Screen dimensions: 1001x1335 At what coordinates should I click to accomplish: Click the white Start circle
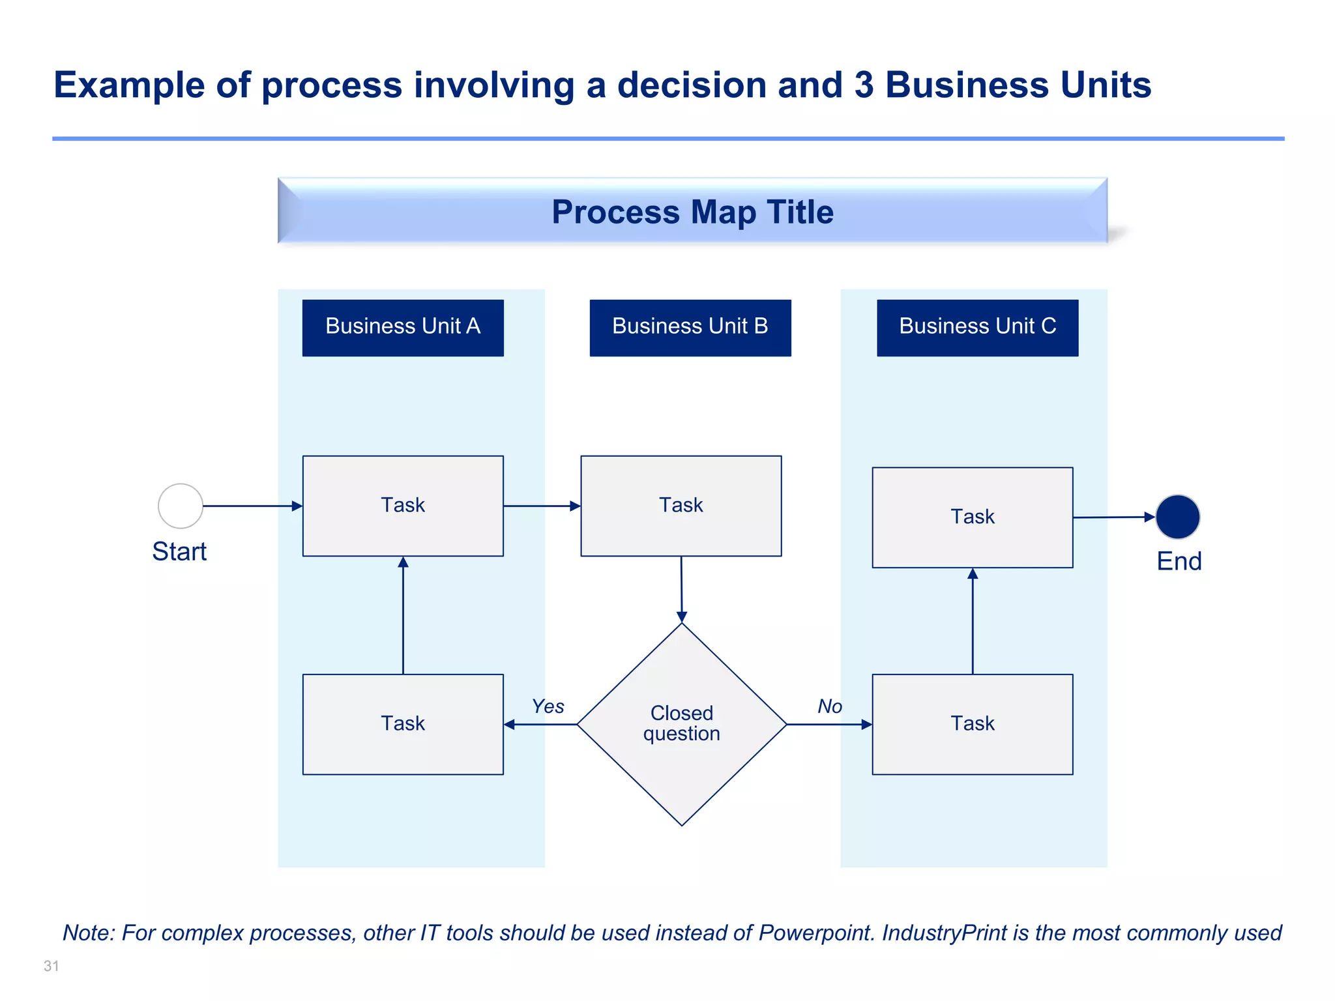click(x=181, y=506)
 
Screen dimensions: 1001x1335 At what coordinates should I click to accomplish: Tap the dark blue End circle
click(x=1177, y=517)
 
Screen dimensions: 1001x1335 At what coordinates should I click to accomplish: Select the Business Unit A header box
click(x=403, y=327)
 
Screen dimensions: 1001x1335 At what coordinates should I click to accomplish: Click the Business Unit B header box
click(x=690, y=327)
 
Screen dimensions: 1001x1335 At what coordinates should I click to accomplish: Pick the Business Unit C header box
click(x=977, y=327)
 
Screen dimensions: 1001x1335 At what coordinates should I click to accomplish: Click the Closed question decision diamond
click(x=682, y=723)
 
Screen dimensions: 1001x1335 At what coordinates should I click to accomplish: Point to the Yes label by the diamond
click(x=548, y=706)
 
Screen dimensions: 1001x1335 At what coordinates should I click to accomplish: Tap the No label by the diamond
click(x=830, y=706)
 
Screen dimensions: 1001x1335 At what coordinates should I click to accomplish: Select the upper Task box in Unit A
click(x=403, y=506)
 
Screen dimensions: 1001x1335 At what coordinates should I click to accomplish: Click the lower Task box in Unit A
click(x=403, y=724)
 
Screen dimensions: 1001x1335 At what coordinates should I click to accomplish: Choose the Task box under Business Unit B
click(x=681, y=506)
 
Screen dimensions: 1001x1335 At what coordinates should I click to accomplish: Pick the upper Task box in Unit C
click(x=973, y=517)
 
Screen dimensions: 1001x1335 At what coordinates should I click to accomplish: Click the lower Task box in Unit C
click(x=973, y=724)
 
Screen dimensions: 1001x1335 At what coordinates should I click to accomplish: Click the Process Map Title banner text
click(x=692, y=212)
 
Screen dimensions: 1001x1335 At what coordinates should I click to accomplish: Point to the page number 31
click(x=51, y=966)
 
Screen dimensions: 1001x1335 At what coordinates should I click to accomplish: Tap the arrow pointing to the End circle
click(x=1114, y=517)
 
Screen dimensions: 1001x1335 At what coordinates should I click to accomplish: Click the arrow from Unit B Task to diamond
click(x=682, y=589)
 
